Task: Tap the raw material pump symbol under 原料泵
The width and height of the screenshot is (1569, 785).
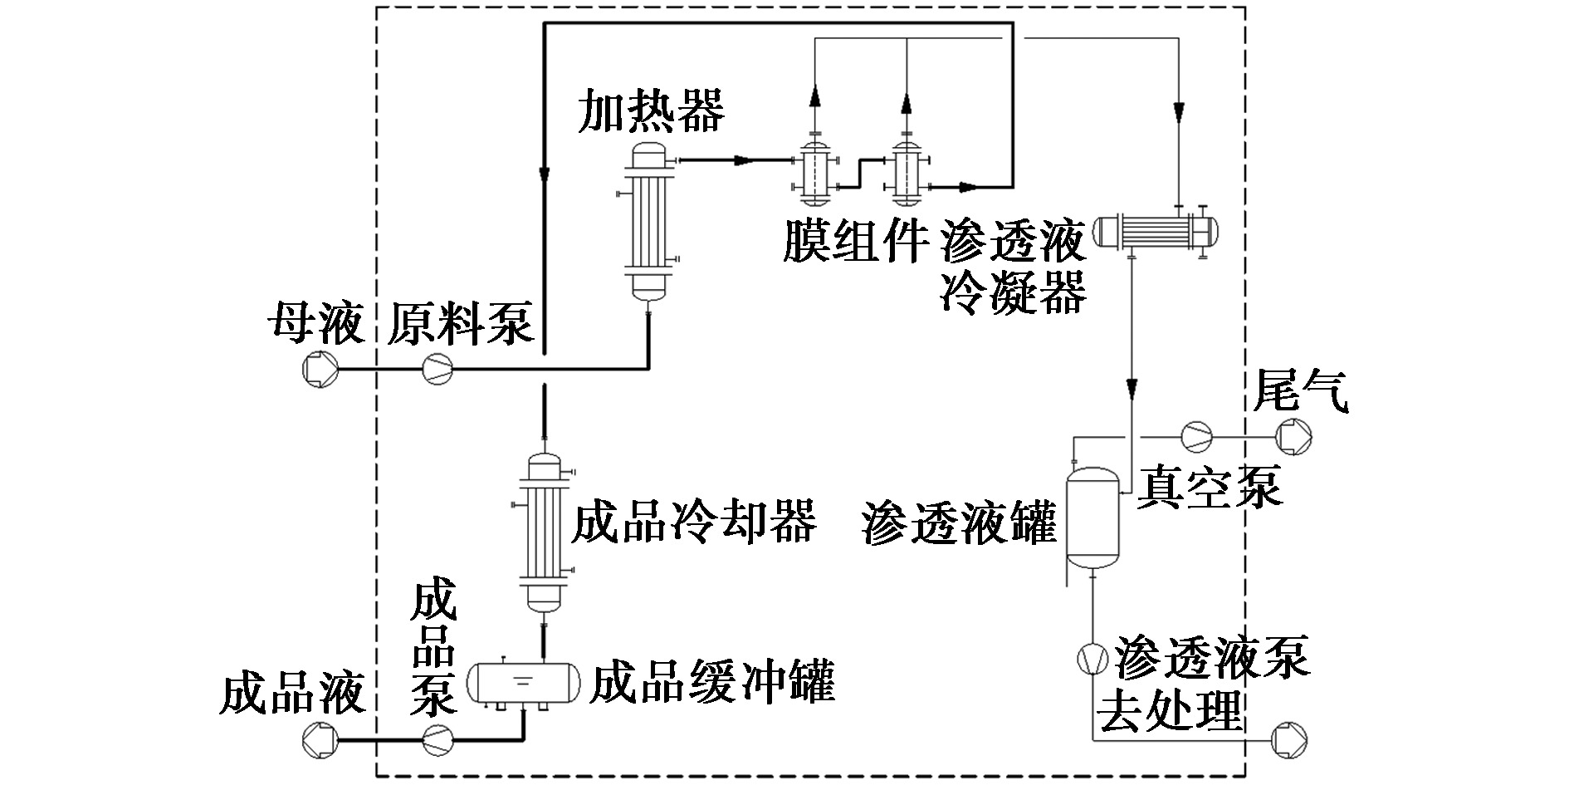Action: [437, 368]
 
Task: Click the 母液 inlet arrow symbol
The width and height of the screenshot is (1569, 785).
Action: [319, 369]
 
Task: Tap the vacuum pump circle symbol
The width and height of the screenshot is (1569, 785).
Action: [1196, 435]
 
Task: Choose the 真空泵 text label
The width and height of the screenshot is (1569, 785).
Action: [1210, 487]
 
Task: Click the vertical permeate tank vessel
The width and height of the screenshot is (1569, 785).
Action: [1092, 519]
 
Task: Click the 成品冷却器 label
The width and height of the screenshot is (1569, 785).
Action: [694, 520]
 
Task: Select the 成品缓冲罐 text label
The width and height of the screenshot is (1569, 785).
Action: [711, 681]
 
